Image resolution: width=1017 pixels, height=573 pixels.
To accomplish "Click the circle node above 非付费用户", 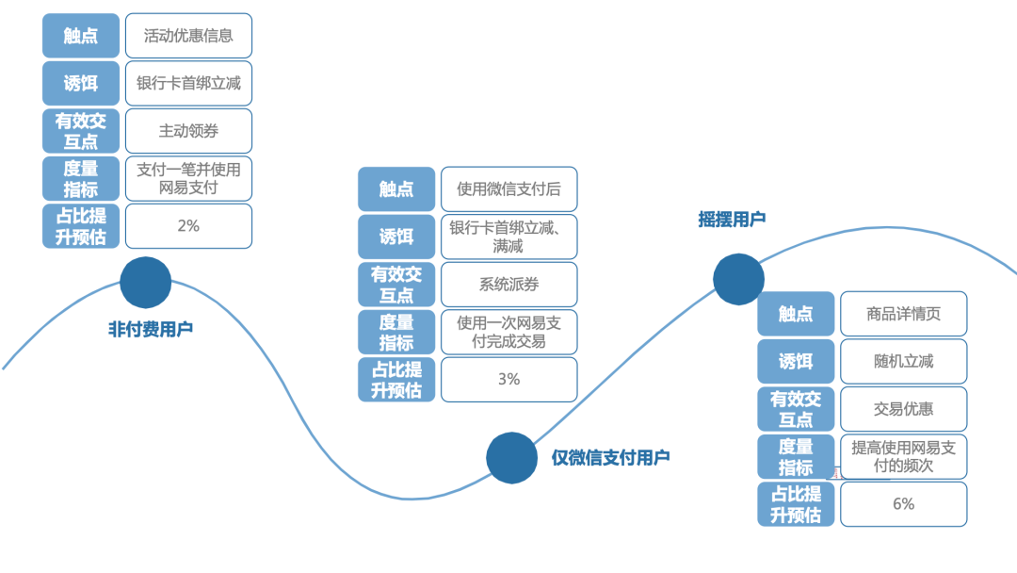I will pos(146,282).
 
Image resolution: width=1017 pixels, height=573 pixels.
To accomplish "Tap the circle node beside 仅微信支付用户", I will pos(511,457).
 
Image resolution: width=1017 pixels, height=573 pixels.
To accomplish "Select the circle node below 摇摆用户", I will pos(738,279).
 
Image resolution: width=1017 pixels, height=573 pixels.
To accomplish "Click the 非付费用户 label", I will pos(151,329).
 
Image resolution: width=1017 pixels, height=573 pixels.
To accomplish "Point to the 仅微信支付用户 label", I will pos(610,458).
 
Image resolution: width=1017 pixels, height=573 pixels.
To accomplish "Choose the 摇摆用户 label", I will pos(732,219).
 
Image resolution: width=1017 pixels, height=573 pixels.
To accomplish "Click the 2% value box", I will pos(188,226).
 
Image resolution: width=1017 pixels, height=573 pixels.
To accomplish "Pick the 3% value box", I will pos(508,379).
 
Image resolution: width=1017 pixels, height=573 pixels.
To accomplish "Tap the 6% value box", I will pos(904,504).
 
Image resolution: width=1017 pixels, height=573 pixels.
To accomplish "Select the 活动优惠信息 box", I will pos(188,36).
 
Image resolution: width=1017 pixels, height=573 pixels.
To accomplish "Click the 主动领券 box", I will pos(188,131).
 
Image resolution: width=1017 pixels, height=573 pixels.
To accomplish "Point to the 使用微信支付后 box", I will pos(508,189).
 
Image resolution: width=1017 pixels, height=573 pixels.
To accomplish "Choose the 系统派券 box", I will pos(508,285).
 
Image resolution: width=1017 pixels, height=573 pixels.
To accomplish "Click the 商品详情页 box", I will pos(904,314).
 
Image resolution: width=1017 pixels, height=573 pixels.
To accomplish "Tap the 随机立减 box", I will pos(904,362).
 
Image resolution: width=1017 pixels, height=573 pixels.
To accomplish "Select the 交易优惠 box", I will pos(904,409).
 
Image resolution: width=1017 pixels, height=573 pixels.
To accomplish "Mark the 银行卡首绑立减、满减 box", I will pos(508,237).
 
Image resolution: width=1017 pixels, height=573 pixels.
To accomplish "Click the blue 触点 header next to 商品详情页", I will pos(796,314).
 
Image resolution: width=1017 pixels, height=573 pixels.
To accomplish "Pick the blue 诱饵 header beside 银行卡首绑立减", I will pos(81,83).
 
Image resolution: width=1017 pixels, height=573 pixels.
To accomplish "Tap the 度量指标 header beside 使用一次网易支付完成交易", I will pos(396,332).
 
